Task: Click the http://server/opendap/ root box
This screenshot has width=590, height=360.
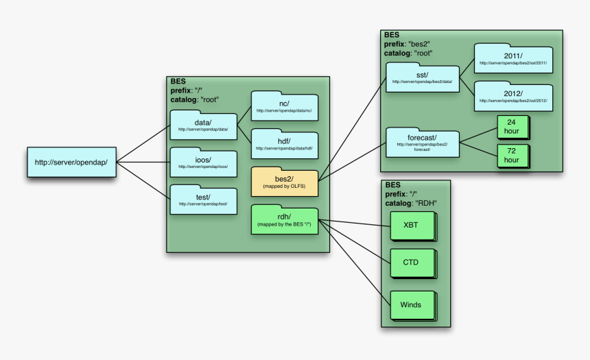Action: [x=71, y=162]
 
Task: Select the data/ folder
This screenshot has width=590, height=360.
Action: [x=203, y=125]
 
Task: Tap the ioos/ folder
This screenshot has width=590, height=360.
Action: [x=203, y=163]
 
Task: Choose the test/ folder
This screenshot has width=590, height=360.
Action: [x=203, y=200]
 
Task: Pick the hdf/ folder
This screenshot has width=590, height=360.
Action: [x=284, y=143]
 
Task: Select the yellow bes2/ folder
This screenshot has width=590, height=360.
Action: [x=284, y=182]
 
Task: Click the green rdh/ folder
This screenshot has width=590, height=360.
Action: [x=284, y=220]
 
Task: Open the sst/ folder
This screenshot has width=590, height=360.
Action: [x=422, y=77]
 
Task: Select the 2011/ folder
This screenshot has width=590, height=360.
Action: [x=512, y=59]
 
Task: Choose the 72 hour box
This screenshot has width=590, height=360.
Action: [x=512, y=155]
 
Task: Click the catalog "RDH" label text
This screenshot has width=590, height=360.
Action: [x=411, y=203]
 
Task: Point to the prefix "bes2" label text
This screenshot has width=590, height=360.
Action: [x=407, y=43]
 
